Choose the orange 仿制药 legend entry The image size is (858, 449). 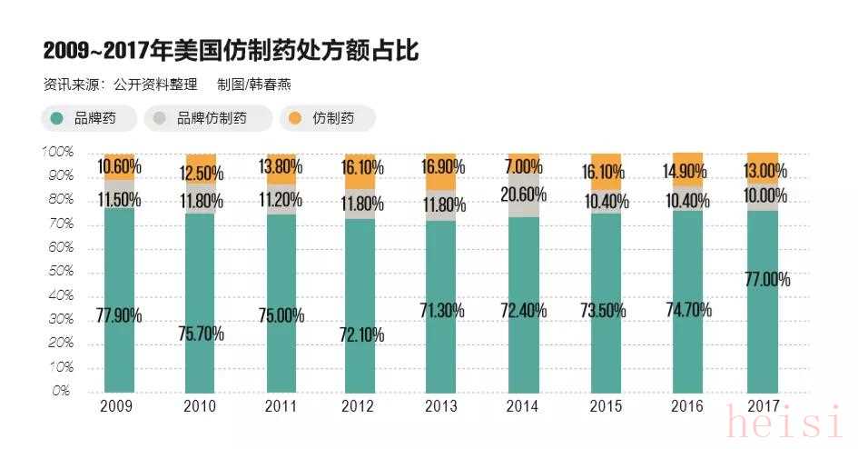(x=328, y=118)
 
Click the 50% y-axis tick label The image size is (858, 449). (x=59, y=272)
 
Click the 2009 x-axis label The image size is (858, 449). (x=119, y=405)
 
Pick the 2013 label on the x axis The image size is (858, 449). (x=441, y=405)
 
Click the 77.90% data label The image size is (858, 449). (x=119, y=315)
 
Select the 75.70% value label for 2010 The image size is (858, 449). (x=200, y=334)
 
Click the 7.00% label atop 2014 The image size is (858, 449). (x=523, y=167)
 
